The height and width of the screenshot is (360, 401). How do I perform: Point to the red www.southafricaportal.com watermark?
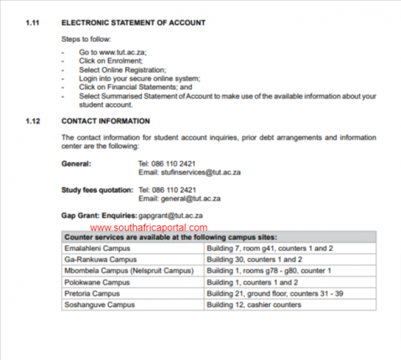(148, 228)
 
